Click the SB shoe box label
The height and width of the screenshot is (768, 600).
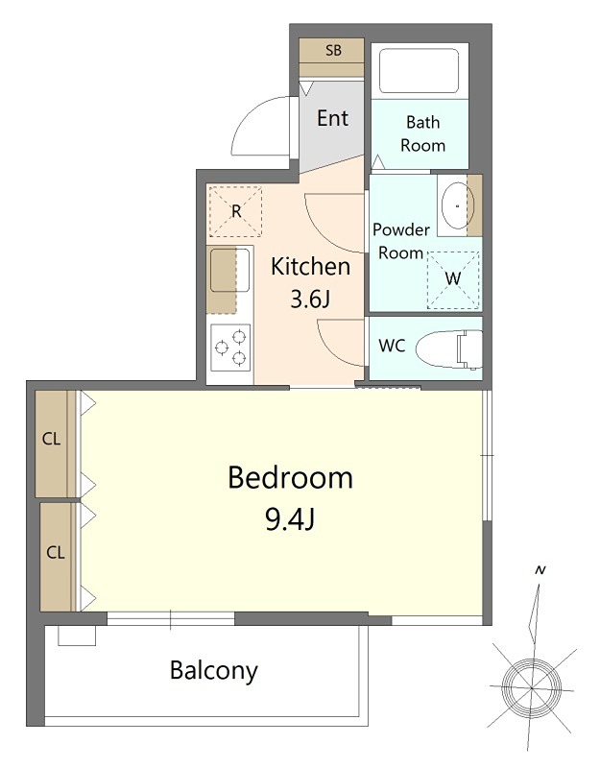click(333, 50)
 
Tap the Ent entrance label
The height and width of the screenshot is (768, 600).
click(332, 118)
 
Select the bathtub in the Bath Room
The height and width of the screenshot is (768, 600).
click(420, 70)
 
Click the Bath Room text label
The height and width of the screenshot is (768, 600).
click(422, 133)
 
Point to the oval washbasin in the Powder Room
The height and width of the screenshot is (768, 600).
click(458, 206)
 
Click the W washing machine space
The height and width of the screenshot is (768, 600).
click(453, 279)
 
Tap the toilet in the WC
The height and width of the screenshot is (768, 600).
click(449, 348)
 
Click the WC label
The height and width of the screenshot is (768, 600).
click(392, 346)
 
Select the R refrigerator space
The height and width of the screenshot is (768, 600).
click(236, 211)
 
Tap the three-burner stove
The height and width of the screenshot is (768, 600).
click(230, 348)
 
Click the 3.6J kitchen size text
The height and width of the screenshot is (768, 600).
click(310, 299)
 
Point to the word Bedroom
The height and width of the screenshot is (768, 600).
click(291, 477)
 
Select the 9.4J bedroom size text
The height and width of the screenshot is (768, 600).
click(290, 519)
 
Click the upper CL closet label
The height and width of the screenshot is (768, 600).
click(52, 439)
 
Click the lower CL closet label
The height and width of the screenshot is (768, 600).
click(56, 553)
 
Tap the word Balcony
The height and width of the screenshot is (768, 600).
click(213, 670)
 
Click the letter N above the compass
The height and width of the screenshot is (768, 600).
click(540, 570)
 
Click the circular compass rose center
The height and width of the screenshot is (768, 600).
click(532, 687)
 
